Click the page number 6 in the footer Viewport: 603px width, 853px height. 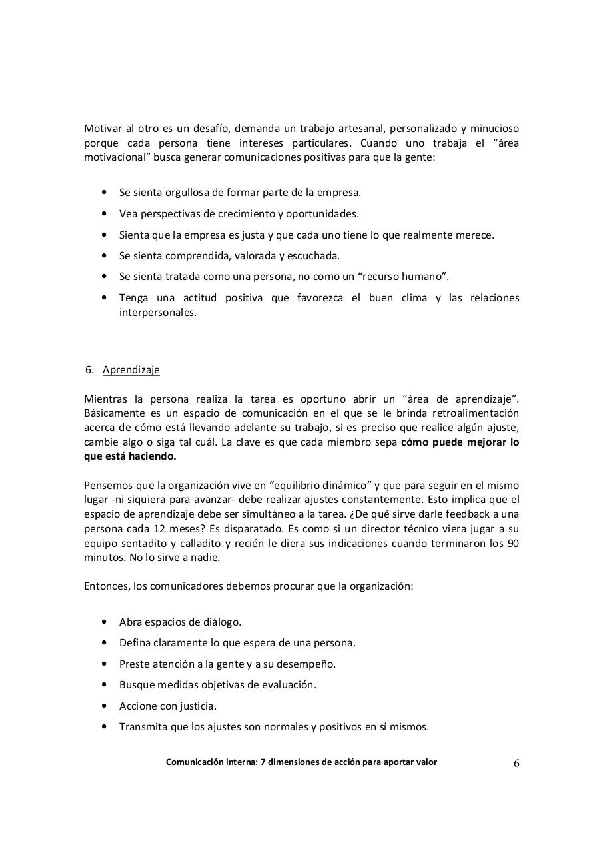click(x=516, y=764)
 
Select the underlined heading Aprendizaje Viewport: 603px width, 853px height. click(x=131, y=370)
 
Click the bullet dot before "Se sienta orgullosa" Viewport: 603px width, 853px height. click(x=104, y=193)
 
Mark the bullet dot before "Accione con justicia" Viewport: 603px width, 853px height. click(x=104, y=706)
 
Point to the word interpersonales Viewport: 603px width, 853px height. click(x=157, y=312)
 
